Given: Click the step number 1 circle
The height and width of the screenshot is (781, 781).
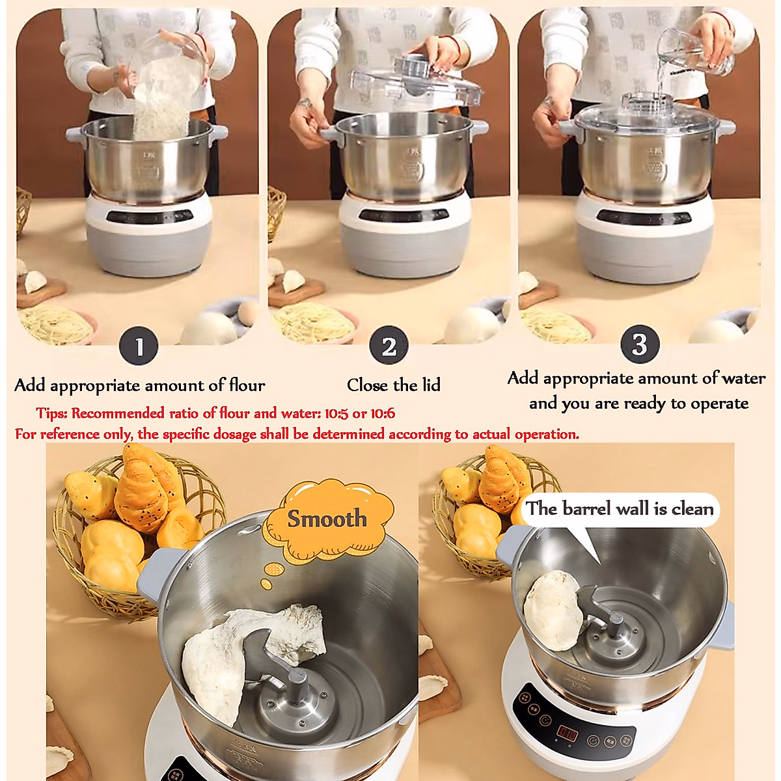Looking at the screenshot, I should (x=139, y=347).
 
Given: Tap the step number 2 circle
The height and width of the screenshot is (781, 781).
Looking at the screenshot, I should (x=389, y=346).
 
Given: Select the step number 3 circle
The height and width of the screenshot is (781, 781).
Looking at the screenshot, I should (x=639, y=344).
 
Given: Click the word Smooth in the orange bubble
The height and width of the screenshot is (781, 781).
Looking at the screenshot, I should (x=327, y=519).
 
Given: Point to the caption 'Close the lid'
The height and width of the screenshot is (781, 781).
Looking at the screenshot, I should (x=393, y=385).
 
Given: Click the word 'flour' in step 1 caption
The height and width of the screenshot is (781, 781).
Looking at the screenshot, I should (x=247, y=385).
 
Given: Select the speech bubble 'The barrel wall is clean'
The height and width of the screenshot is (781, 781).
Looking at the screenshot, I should (x=620, y=508).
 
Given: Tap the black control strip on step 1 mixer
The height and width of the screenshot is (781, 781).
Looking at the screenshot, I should (x=150, y=216).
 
